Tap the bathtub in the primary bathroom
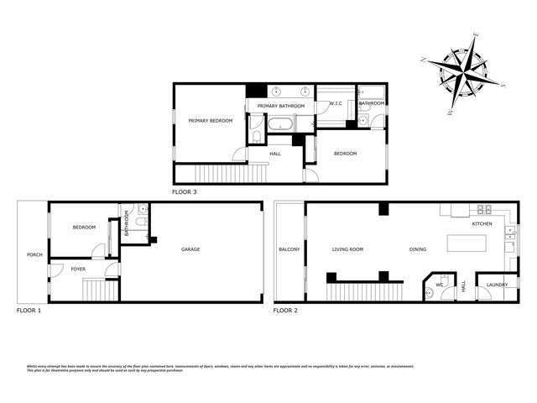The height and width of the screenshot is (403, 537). pyautogui.click(x=280, y=125)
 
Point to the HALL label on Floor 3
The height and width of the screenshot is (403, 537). pyautogui.click(x=275, y=154)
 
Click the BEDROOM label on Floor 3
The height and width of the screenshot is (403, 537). pyautogui.click(x=345, y=154)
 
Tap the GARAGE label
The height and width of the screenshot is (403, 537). pyautogui.click(x=190, y=249)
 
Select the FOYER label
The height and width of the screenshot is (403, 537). pyautogui.click(x=78, y=269)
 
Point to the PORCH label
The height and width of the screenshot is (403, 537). pyautogui.click(x=34, y=254)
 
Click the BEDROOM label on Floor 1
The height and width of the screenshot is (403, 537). pyautogui.click(x=84, y=228)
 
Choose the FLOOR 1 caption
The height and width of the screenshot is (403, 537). pyautogui.click(x=29, y=311)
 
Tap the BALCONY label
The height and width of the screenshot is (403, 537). pyautogui.click(x=289, y=249)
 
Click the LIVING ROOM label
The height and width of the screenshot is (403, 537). pyautogui.click(x=347, y=249)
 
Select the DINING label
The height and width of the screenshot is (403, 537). pyautogui.click(x=417, y=249)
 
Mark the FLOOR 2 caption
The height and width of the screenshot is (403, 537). pyautogui.click(x=286, y=311)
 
